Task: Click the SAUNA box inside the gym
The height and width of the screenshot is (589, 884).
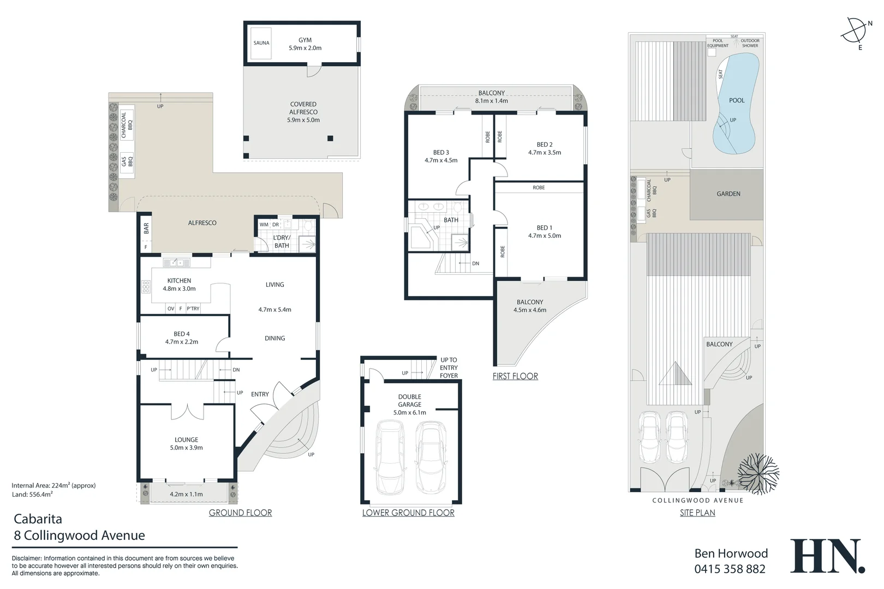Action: coord(261,43)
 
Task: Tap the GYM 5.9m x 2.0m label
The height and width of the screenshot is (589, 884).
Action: coord(305,44)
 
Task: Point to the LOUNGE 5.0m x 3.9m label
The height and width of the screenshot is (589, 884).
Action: coord(186,443)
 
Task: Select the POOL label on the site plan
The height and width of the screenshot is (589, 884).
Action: coord(737,100)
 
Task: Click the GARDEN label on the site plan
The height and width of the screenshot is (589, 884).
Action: coord(728,194)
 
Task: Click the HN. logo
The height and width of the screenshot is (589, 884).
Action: coord(827,556)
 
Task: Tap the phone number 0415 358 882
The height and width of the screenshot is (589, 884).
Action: coord(730,569)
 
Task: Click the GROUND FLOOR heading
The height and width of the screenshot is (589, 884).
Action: coord(240,513)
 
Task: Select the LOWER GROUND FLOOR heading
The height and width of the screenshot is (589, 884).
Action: coord(408,513)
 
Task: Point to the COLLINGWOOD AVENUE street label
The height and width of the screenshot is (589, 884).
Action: coord(697,500)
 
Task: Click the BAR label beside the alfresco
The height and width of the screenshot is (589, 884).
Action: coord(146,229)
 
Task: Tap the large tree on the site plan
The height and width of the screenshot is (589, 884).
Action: coord(758,472)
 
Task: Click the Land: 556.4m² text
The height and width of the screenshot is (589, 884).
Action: coord(32,494)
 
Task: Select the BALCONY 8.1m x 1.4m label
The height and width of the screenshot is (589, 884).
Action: coord(491,97)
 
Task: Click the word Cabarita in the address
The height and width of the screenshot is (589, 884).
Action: coord(38,519)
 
